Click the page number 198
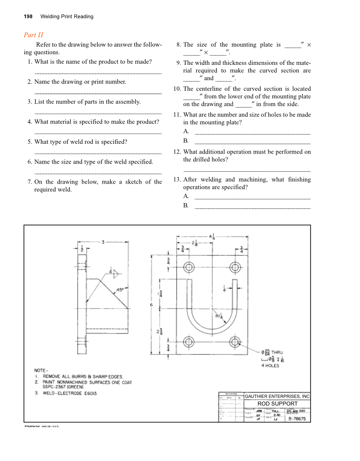[x=28, y=17]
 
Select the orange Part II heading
[x=33, y=35]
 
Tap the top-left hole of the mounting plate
[x=189, y=267]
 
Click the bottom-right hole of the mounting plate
[x=235, y=342]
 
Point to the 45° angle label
[x=120, y=290]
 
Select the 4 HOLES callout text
[x=270, y=366]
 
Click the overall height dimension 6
[x=151, y=305]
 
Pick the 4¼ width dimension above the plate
[x=212, y=236]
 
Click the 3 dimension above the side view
[x=103, y=242]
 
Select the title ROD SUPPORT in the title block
[x=277, y=404]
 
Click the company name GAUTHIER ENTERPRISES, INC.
[x=277, y=396]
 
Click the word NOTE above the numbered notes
[x=41, y=370]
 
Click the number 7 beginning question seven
[x=29, y=182]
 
